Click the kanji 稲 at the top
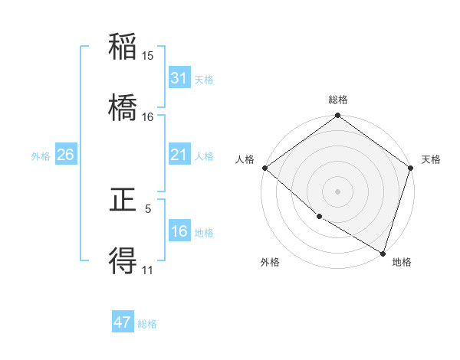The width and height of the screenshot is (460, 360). pos(123,47)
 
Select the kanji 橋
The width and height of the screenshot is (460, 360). pos(123,107)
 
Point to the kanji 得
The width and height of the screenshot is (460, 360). pos(123,261)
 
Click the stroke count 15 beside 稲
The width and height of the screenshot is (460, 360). pos(148,55)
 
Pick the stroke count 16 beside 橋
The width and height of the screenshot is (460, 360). pos(148,116)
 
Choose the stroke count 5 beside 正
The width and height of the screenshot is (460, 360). pos(148,208)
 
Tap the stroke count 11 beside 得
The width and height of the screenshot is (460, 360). pos(148,270)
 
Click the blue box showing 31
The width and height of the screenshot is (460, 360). pos(179,77)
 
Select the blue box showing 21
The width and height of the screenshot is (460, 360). pos(179,155)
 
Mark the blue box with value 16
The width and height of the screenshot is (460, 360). pos(179,231)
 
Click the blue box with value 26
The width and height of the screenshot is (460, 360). pos(65,155)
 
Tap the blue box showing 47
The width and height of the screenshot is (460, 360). pos(123,322)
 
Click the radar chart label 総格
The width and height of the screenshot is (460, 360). pos(338,100)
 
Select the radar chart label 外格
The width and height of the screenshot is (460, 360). pos(270,262)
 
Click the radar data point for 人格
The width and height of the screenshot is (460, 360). pos(264,168)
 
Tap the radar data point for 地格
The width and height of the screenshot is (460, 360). pos(383,253)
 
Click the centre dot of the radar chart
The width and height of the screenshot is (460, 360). pos(338,191)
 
